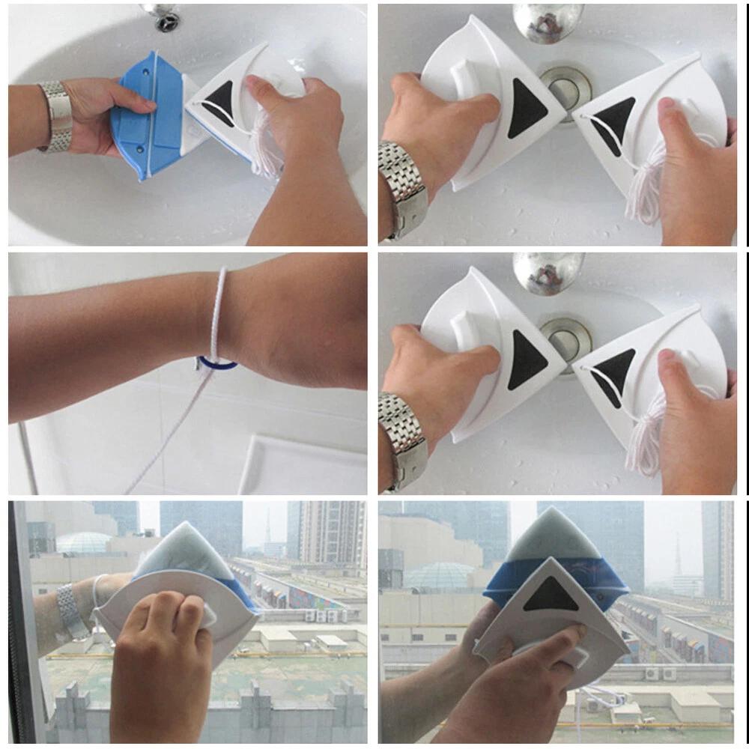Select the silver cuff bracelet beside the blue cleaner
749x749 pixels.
55,116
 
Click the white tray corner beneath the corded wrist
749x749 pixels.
255,457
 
